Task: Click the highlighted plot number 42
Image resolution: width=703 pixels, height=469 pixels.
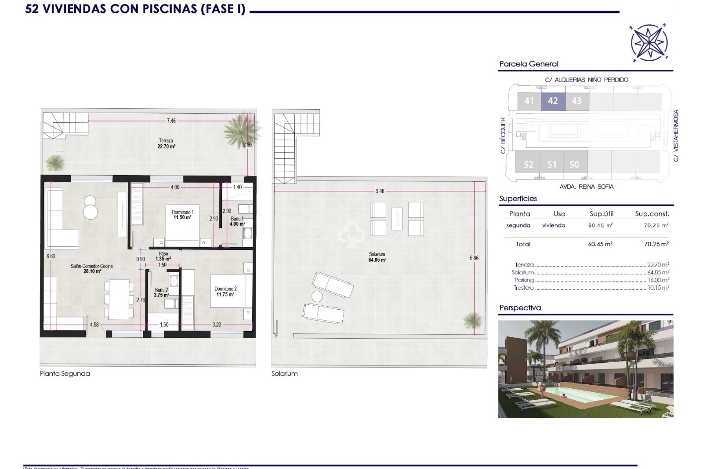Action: pyautogui.click(x=553, y=101)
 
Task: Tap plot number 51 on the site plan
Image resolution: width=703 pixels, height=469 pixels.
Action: pyautogui.click(x=552, y=165)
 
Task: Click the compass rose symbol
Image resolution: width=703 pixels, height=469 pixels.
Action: pyautogui.click(x=649, y=43)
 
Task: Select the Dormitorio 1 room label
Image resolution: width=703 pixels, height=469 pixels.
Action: pyautogui.click(x=182, y=215)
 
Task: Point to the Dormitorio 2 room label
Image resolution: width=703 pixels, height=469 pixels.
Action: pyautogui.click(x=225, y=292)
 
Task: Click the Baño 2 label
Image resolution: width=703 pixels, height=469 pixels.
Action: pyautogui.click(x=161, y=292)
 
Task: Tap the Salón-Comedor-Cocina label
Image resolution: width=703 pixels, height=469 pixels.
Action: pyautogui.click(x=92, y=269)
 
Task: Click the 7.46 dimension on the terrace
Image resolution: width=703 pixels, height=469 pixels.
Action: pyautogui.click(x=171, y=121)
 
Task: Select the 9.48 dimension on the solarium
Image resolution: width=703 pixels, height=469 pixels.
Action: pyautogui.click(x=380, y=191)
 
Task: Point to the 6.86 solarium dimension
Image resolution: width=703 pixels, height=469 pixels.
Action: pyautogui.click(x=474, y=258)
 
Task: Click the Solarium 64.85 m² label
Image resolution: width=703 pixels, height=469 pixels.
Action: pyautogui.click(x=377, y=257)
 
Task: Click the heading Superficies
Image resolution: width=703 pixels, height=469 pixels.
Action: pyautogui.click(x=518, y=199)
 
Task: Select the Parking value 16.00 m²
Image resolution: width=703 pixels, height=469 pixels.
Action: pyautogui.click(x=658, y=280)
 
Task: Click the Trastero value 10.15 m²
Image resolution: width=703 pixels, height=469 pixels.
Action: pyautogui.click(x=658, y=288)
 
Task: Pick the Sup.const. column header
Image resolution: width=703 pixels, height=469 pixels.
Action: pyautogui.click(x=652, y=214)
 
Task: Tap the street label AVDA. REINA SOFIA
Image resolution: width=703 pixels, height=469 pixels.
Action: pyautogui.click(x=586, y=187)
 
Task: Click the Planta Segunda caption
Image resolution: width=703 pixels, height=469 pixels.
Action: pyautogui.click(x=65, y=374)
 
